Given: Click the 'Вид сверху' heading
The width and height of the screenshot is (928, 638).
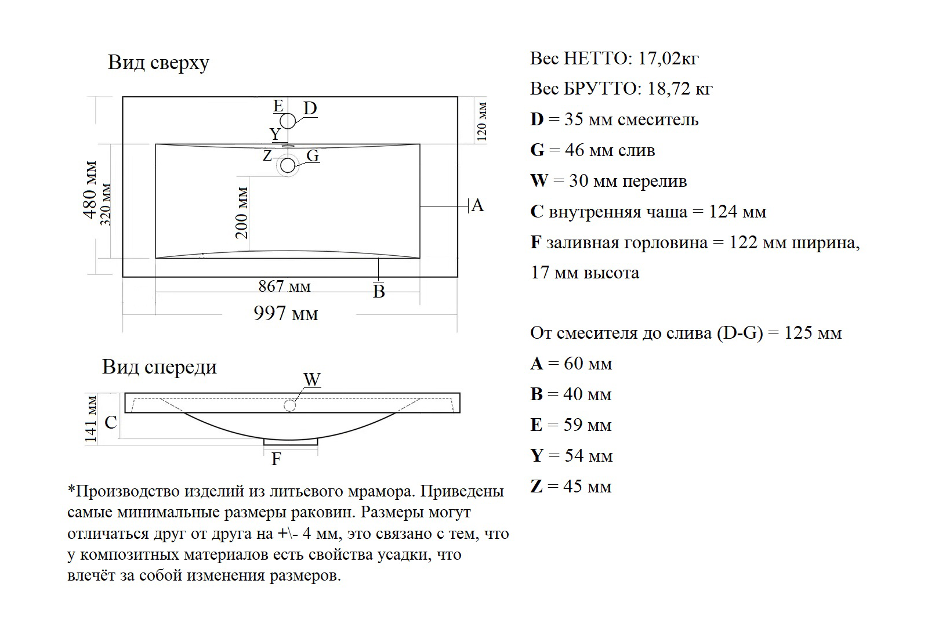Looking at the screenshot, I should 158,63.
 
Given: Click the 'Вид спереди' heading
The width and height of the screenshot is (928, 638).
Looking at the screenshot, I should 159,367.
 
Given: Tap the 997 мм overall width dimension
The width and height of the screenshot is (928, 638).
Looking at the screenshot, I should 286,314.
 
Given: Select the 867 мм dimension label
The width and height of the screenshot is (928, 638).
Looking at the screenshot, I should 284,287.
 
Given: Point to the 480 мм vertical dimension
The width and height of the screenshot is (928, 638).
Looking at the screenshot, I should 90,190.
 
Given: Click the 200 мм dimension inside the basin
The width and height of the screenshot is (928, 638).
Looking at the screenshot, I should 242,213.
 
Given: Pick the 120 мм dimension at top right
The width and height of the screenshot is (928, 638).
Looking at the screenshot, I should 482,122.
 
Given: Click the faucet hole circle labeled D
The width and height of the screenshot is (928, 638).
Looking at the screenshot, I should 288,121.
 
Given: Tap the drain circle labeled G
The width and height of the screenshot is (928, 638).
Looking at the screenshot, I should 288,166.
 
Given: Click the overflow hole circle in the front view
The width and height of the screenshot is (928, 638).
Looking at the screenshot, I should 290,405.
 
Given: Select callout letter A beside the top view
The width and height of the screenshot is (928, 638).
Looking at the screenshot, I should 477,205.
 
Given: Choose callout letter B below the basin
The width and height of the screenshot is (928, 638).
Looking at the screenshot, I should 379,291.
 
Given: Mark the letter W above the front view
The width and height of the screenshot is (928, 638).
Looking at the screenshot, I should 312,379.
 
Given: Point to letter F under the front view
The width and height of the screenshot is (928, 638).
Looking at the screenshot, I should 276,459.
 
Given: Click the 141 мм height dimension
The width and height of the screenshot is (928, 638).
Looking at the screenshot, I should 91,419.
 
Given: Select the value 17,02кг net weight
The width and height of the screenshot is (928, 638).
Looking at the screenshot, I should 668,59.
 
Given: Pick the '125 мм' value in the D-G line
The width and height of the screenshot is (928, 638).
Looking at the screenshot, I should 813,333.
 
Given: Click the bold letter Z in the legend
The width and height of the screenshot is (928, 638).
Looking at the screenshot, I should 536,486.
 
